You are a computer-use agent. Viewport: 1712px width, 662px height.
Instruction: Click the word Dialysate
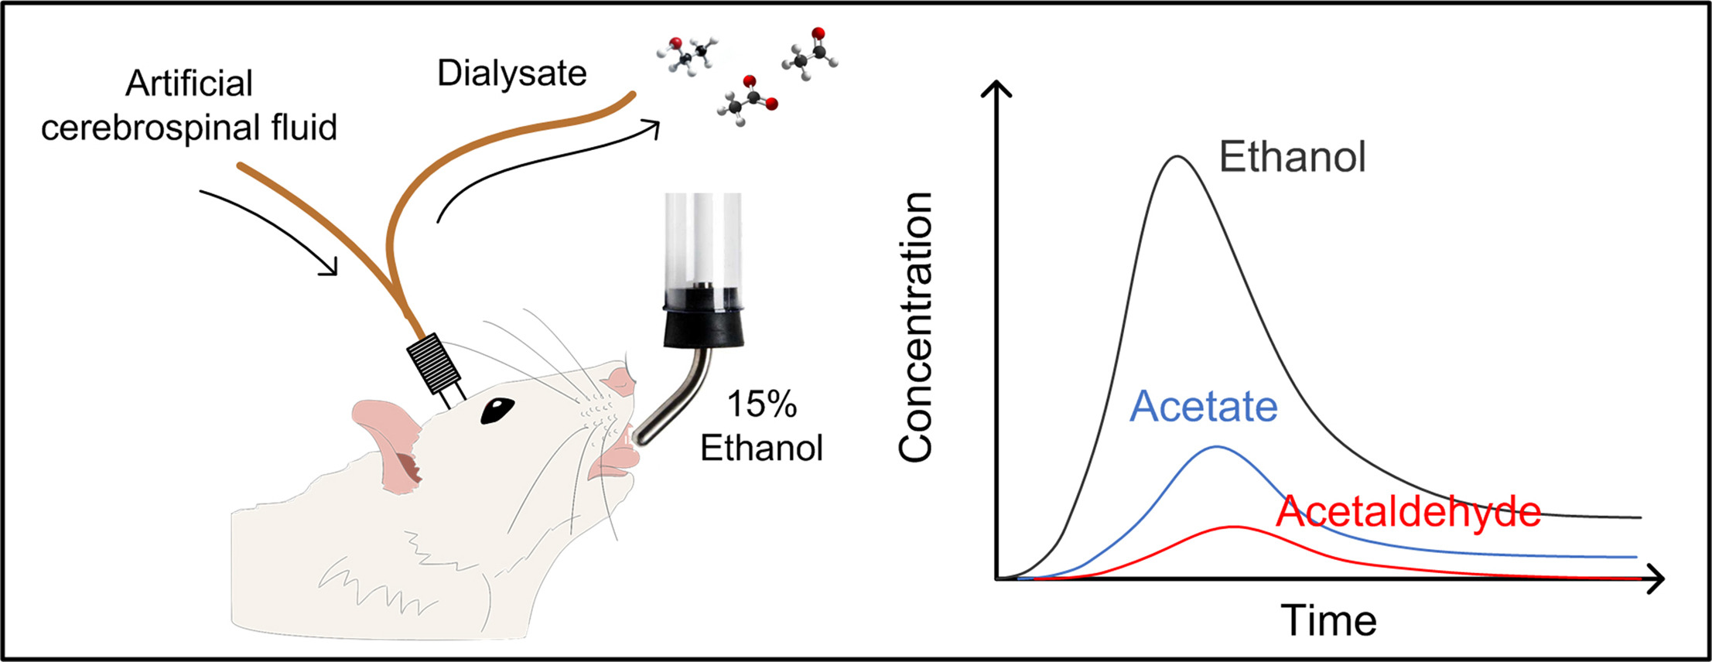[x=511, y=74]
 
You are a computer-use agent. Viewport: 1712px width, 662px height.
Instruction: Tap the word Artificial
[x=189, y=84]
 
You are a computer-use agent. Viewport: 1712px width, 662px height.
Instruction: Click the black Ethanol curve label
[x=1292, y=157]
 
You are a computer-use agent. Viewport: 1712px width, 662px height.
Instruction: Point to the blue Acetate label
[x=1203, y=407]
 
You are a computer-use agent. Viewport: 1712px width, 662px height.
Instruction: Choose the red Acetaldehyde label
[x=1408, y=512]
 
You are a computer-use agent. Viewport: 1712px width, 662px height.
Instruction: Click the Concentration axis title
[x=916, y=327]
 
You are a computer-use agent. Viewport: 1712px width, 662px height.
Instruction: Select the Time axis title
[x=1328, y=620]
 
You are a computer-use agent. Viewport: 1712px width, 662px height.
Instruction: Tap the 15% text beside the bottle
[x=761, y=404]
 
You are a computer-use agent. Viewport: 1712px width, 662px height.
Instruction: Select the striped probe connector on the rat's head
[x=436, y=364]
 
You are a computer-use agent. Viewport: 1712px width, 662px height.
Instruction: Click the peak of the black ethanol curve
[x=1177, y=157]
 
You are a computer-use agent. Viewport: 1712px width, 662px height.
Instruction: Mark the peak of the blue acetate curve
[x=1217, y=447]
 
